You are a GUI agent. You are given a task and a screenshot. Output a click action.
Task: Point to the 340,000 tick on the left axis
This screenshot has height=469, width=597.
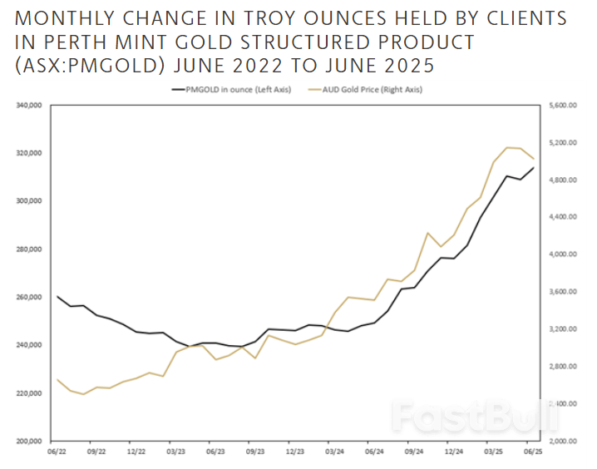coord(28,106)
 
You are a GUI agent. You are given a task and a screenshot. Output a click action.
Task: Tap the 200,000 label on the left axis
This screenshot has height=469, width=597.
coord(28,441)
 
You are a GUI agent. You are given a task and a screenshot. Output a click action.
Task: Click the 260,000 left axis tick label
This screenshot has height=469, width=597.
coord(28,297)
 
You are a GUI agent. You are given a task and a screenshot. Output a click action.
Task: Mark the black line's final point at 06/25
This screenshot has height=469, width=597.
coord(534,168)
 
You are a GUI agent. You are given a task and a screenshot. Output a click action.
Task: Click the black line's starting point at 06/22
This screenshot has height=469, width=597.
coord(57,296)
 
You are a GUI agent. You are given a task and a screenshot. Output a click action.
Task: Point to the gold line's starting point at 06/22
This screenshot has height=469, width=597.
coord(57,379)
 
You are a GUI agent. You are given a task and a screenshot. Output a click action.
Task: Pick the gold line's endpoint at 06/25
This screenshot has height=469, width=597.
coord(534,158)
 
